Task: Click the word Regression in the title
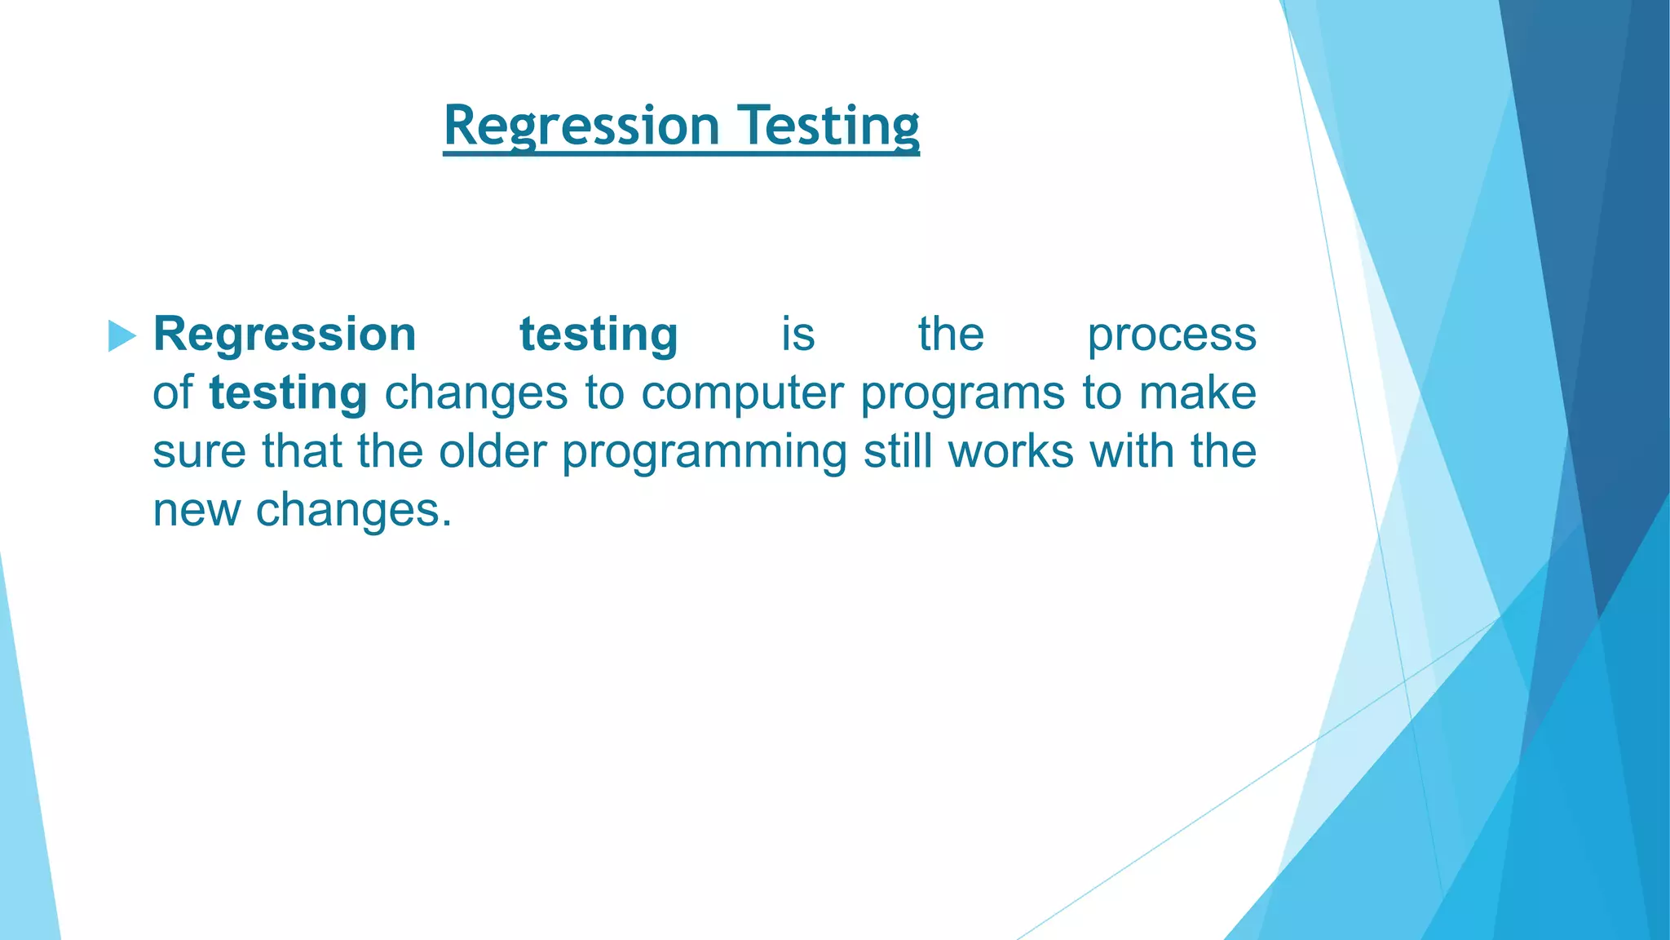(x=581, y=126)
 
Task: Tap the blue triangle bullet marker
(x=121, y=336)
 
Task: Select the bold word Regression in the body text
(x=285, y=335)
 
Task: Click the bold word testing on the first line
(x=599, y=335)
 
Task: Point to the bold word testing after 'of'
(x=288, y=393)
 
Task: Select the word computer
(x=742, y=393)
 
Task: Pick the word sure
(x=199, y=452)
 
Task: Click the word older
(x=493, y=451)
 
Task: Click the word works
(x=1011, y=451)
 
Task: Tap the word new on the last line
(x=197, y=512)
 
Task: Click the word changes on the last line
(x=353, y=512)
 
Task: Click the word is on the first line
(x=797, y=335)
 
